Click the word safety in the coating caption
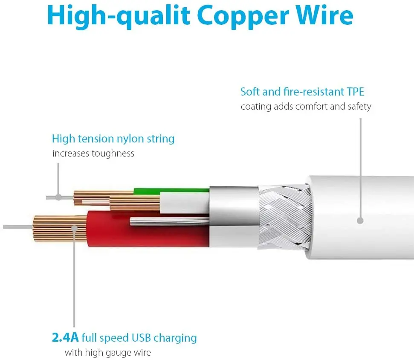pos(359,106)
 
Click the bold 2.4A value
pos(65,338)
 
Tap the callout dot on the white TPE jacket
pos(360,221)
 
